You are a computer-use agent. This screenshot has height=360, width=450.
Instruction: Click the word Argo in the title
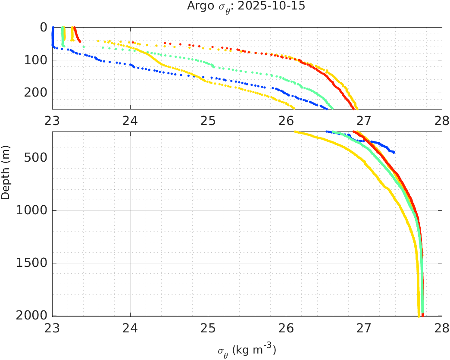pos(197,6)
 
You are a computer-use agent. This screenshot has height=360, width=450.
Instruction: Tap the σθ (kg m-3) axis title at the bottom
pos(247,350)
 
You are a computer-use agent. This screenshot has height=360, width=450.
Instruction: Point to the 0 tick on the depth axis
pos(44,27)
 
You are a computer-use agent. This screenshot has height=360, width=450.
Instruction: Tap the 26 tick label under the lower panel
pos(286,327)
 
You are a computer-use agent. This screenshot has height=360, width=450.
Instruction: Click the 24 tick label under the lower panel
pos(130,327)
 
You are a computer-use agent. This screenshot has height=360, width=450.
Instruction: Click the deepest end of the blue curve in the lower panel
pos(393,152)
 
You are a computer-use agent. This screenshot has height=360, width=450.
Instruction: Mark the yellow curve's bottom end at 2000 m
pos(419,316)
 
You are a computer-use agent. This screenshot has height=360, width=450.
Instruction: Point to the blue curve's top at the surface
pos(53,28)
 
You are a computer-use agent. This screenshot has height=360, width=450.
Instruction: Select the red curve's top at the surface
pos(74,28)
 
